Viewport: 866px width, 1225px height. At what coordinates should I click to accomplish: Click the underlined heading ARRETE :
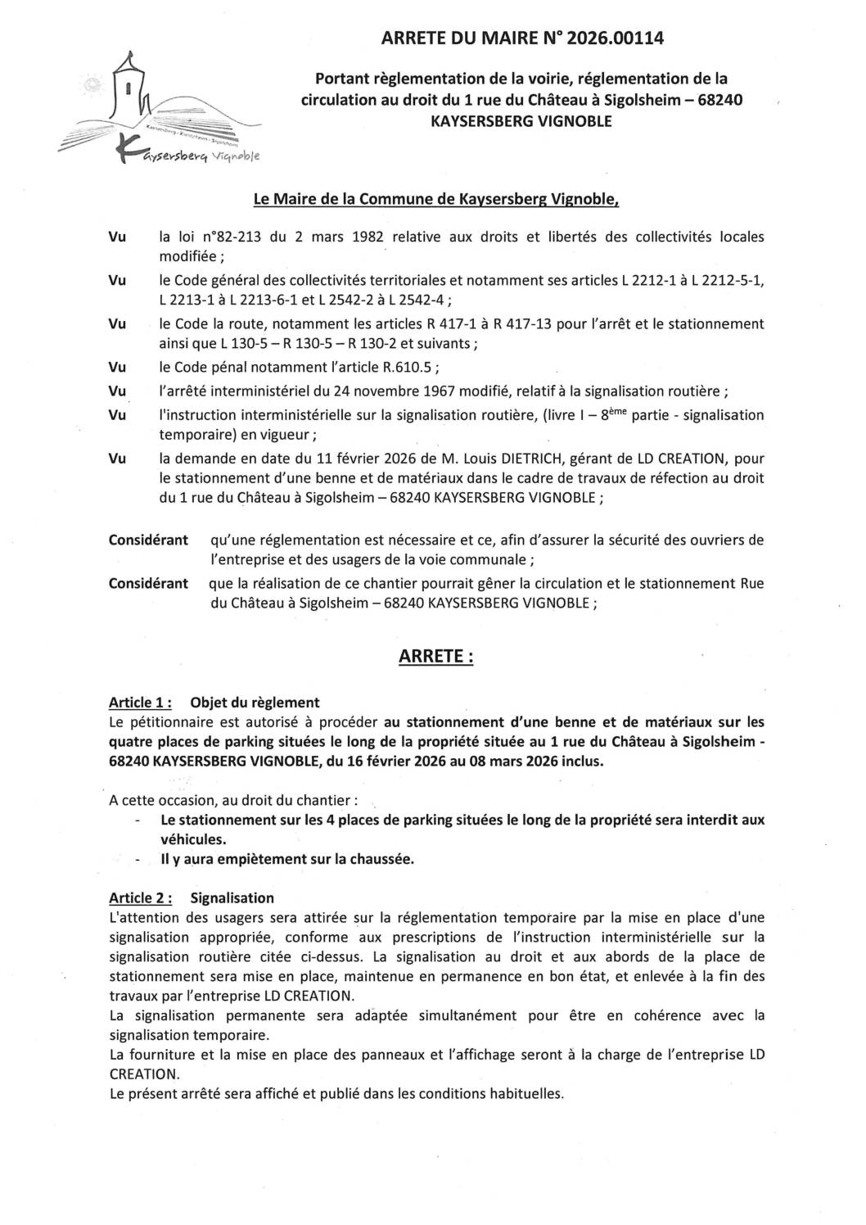(435, 657)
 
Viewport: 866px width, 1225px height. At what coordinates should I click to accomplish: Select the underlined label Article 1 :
(140, 703)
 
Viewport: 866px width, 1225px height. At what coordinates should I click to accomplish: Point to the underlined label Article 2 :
(140, 898)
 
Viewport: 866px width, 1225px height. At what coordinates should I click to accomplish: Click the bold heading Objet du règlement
(255, 703)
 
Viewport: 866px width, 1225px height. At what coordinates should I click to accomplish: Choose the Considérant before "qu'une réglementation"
(148, 540)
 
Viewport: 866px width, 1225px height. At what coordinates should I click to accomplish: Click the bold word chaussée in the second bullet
(381, 859)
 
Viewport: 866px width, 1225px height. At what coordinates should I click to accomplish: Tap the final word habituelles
(525, 1094)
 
